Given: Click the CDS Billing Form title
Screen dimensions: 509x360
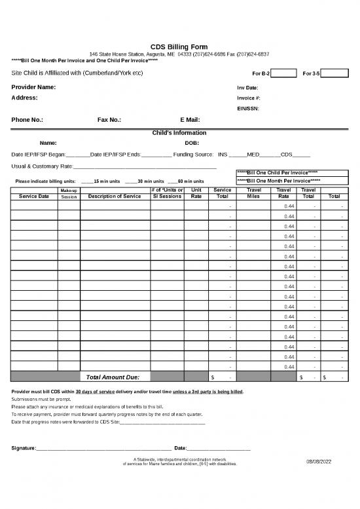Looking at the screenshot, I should [180, 47].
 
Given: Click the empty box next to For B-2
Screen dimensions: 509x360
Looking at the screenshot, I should [284, 72].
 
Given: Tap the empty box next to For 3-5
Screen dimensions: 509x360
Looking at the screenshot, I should [334, 72].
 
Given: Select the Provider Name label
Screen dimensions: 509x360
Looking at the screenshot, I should [33, 87].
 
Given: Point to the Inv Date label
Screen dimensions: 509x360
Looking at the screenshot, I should [247, 88].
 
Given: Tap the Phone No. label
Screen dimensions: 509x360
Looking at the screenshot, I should [27, 121].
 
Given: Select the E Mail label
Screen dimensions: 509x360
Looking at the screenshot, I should [190, 121].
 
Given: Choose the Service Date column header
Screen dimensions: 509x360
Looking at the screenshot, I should [34, 196].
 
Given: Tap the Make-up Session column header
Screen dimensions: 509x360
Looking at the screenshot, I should [69, 193].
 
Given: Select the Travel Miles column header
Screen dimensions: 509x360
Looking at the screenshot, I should [254, 193].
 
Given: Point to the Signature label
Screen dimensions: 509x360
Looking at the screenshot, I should [24, 448].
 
